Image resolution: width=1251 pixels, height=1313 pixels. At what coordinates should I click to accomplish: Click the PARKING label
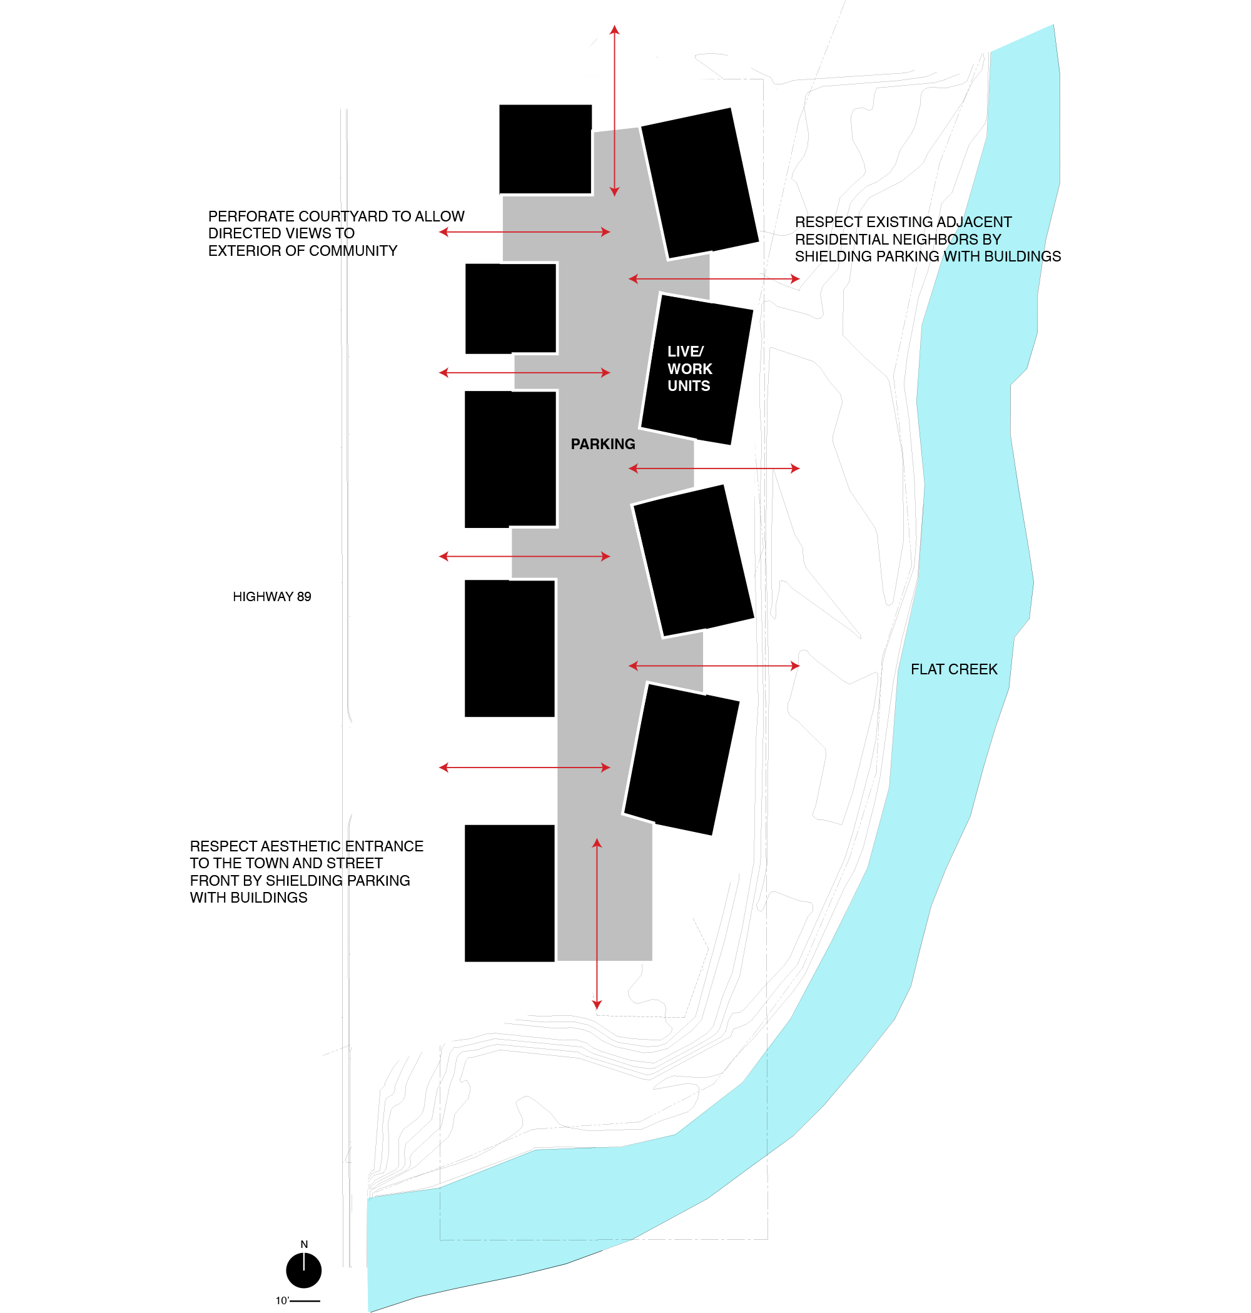pyautogui.click(x=603, y=444)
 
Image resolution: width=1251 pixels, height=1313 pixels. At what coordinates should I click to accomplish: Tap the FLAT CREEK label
pyautogui.click(x=954, y=669)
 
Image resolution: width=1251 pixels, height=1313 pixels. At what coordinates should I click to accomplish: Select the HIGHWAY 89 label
pyautogui.click(x=271, y=596)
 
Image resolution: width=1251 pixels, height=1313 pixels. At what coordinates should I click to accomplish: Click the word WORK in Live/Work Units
pyautogui.click(x=689, y=369)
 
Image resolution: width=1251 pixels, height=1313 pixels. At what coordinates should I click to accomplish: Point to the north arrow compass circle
pyautogui.click(x=304, y=1270)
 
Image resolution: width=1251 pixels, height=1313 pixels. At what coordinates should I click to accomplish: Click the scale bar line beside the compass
pyautogui.click(x=305, y=1301)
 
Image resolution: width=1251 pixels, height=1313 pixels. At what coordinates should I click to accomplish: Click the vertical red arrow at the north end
pyautogui.click(x=614, y=110)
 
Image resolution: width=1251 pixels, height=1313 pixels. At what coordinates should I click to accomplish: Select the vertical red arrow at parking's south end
pyautogui.click(x=597, y=923)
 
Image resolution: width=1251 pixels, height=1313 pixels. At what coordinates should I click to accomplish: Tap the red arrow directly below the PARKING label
pyautogui.click(x=714, y=469)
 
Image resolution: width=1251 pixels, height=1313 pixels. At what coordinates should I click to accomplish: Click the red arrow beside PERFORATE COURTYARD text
pyautogui.click(x=524, y=232)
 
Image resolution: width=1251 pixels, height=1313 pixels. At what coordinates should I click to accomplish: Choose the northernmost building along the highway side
pyautogui.click(x=545, y=150)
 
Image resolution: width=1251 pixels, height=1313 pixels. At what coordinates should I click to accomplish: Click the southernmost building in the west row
pyautogui.click(x=509, y=893)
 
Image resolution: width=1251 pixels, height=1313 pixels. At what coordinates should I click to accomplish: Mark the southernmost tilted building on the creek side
pyautogui.click(x=681, y=758)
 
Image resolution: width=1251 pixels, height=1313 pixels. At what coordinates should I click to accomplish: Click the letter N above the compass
pyautogui.click(x=304, y=1244)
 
